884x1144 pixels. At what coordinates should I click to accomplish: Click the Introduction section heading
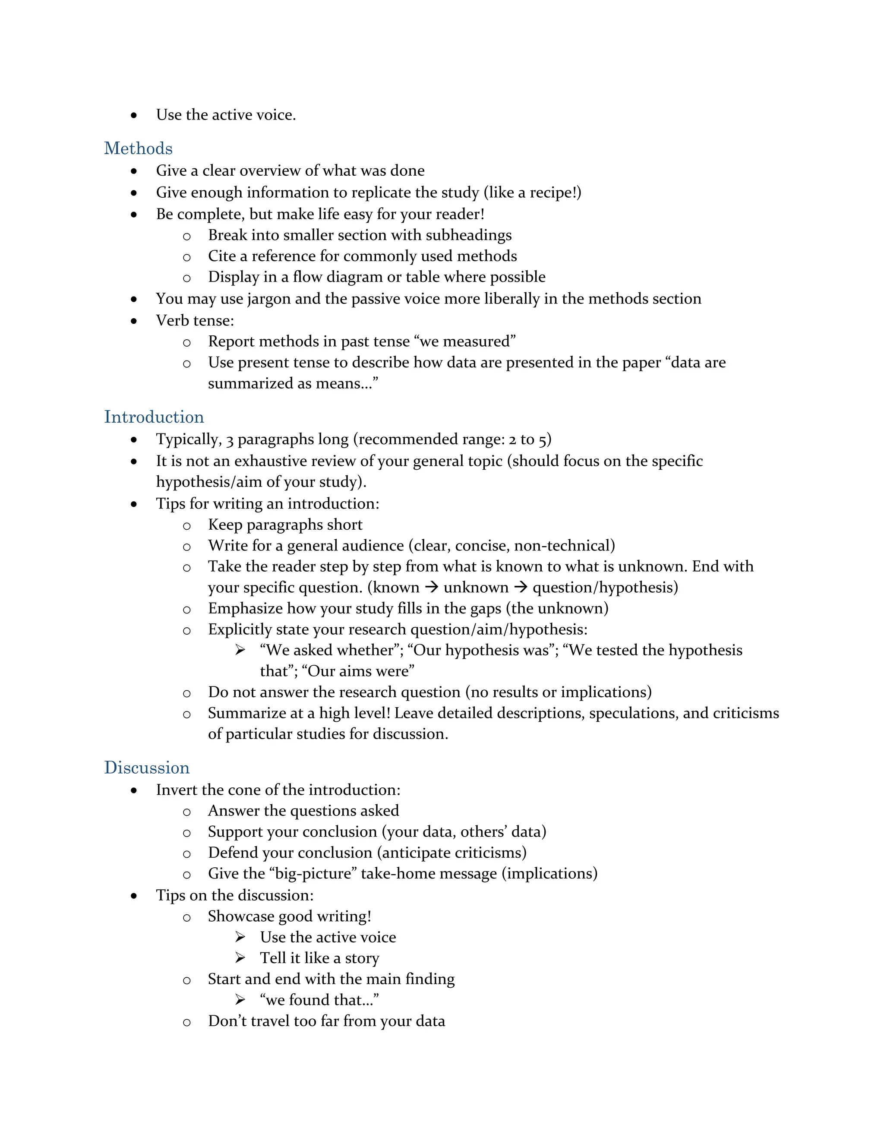point(154,417)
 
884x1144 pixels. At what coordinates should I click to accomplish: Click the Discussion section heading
point(147,768)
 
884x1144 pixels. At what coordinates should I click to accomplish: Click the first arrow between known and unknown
point(432,587)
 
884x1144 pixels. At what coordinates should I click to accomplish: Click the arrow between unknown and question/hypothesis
point(521,587)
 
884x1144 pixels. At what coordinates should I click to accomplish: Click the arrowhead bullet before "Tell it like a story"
point(240,958)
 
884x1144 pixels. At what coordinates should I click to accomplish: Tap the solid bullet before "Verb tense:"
point(134,321)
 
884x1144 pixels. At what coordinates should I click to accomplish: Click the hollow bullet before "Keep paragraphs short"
point(187,526)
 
